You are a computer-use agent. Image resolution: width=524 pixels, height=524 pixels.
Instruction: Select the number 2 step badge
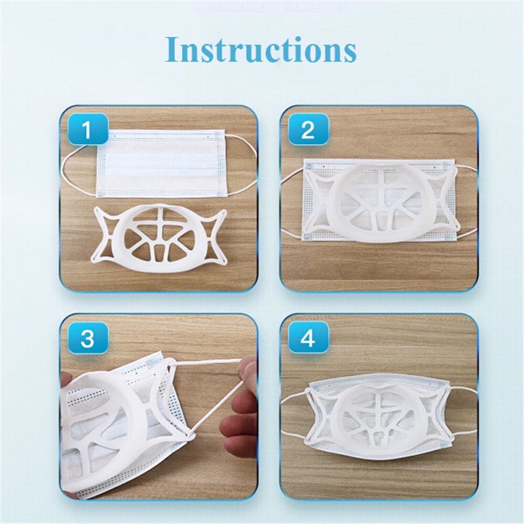click(x=307, y=130)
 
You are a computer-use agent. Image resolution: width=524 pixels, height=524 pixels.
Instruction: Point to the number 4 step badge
click(x=307, y=339)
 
